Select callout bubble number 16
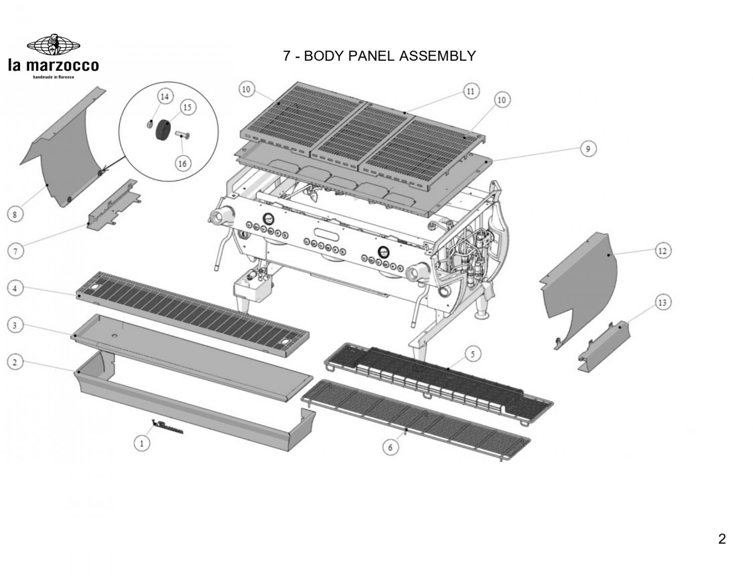click(x=182, y=163)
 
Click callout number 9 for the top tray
click(x=588, y=149)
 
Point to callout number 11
click(x=470, y=91)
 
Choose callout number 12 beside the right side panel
click(x=663, y=250)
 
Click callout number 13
click(x=663, y=302)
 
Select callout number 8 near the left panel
click(x=15, y=215)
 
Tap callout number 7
click(x=15, y=251)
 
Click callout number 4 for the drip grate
click(x=15, y=289)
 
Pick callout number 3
click(x=15, y=325)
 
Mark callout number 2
click(x=15, y=362)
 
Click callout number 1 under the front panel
click(x=142, y=443)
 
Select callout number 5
click(x=472, y=354)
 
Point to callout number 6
click(x=391, y=447)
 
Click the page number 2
click(x=722, y=539)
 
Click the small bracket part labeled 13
click(x=602, y=346)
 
